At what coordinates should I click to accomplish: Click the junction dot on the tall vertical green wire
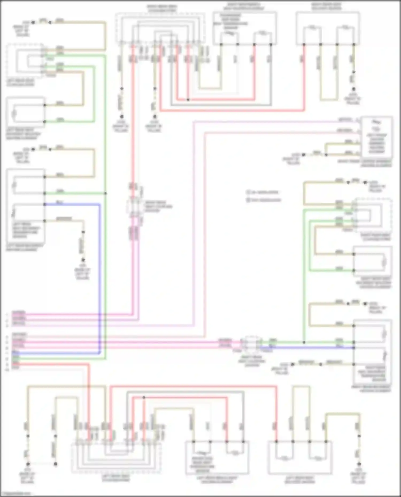click(x=106, y=193)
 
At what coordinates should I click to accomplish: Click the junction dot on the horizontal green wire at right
click(x=304, y=342)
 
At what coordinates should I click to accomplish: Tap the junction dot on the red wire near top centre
click(x=188, y=100)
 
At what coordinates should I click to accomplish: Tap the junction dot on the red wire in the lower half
click(x=144, y=398)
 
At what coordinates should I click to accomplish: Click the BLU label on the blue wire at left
click(x=60, y=202)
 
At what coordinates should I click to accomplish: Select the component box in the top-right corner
click(x=328, y=28)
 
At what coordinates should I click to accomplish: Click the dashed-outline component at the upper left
click(x=25, y=61)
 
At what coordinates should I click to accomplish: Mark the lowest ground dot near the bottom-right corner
click(x=359, y=464)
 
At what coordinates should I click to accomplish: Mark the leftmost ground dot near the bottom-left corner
click(x=28, y=464)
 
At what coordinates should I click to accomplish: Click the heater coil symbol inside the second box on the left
click(x=14, y=114)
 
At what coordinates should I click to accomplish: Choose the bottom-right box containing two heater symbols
click(x=300, y=457)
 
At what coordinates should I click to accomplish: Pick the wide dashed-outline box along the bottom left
click(x=116, y=457)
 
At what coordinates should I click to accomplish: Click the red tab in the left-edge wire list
click(x=16, y=364)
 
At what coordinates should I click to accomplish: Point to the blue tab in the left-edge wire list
click(x=16, y=353)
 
